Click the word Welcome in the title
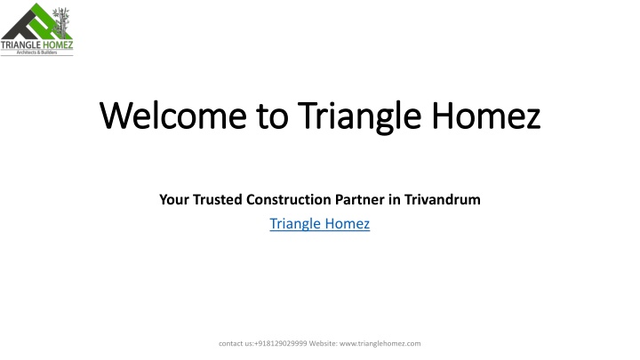pos(173,116)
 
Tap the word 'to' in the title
pos(273,116)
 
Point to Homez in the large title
pos(486,116)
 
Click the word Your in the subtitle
pos(174,200)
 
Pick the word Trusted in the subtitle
pos(218,200)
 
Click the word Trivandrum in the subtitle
pos(443,200)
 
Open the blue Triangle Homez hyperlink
pos(320,224)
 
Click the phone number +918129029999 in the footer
pos(280,343)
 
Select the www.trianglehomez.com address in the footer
pos(380,343)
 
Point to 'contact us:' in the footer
pos(236,343)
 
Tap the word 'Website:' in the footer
pos(324,343)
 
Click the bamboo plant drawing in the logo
pos(61,22)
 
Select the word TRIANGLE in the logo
pos(20,44)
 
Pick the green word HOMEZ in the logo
pos(58,44)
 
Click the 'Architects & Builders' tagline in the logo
pos(36,52)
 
